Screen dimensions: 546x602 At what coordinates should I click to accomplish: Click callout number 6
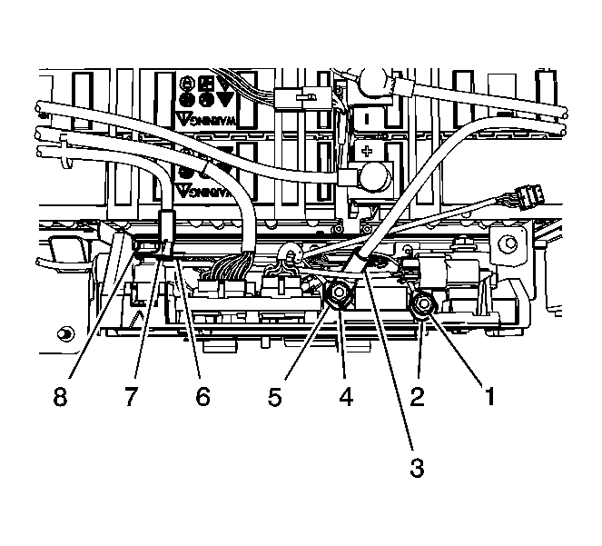pyautogui.click(x=202, y=397)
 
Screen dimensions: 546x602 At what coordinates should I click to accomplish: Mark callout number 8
pyautogui.click(x=61, y=397)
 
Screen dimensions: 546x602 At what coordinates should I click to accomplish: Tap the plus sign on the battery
pyautogui.click(x=367, y=151)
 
